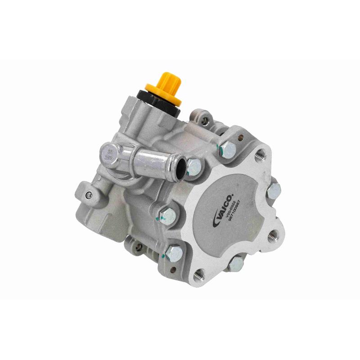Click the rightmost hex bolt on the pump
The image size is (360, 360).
click(274, 191)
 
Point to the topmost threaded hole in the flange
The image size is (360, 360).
click(259, 156)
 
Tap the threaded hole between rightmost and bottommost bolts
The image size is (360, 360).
click(272, 235)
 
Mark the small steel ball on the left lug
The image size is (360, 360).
click(89, 194)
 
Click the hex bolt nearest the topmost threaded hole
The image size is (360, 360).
click(229, 148)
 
